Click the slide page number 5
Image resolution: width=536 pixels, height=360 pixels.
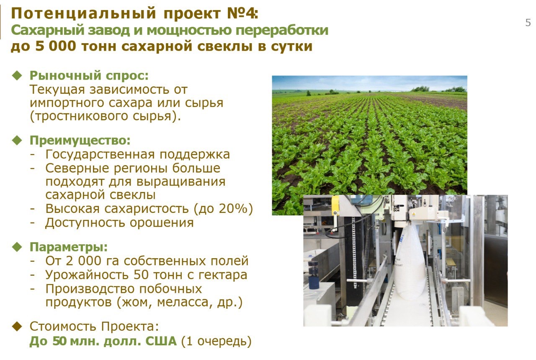click(528, 23)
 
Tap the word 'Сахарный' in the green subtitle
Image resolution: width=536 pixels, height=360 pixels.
click(48, 31)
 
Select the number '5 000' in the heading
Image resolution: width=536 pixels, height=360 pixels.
click(56, 46)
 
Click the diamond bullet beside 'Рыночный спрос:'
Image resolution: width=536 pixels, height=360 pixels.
click(17, 75)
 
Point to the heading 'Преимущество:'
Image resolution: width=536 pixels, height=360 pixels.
click(80, 140)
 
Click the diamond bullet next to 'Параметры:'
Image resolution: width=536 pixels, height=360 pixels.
click(17, 247)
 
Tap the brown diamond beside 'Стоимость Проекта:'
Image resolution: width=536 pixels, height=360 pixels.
click(17, 326)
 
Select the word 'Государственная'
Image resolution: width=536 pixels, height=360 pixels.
click(100, 155)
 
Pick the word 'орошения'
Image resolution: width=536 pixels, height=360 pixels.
click(162, 223)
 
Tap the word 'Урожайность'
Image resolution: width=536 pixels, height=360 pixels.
click(87, 275)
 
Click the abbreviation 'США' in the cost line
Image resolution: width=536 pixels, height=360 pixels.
click(161, 341)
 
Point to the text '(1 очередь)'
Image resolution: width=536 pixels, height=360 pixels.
click(216, 341)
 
